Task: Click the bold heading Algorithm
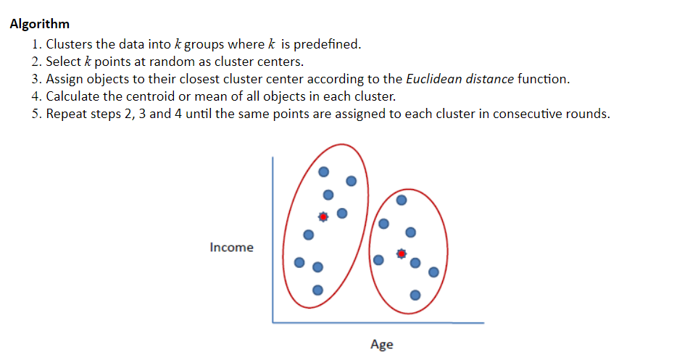(40, 24)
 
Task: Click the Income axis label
(231, 248)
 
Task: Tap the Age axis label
(381, 344)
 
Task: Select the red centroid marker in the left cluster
(323, 216)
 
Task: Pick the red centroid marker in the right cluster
(402, 254)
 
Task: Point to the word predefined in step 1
(324, 44)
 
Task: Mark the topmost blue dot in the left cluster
(325, 172)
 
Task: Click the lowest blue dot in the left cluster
(317, 290)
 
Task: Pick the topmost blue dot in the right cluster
(402, 199)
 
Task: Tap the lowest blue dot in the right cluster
(414, 295)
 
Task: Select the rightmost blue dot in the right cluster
(433, 272)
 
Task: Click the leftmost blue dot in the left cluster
(299, 261)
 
